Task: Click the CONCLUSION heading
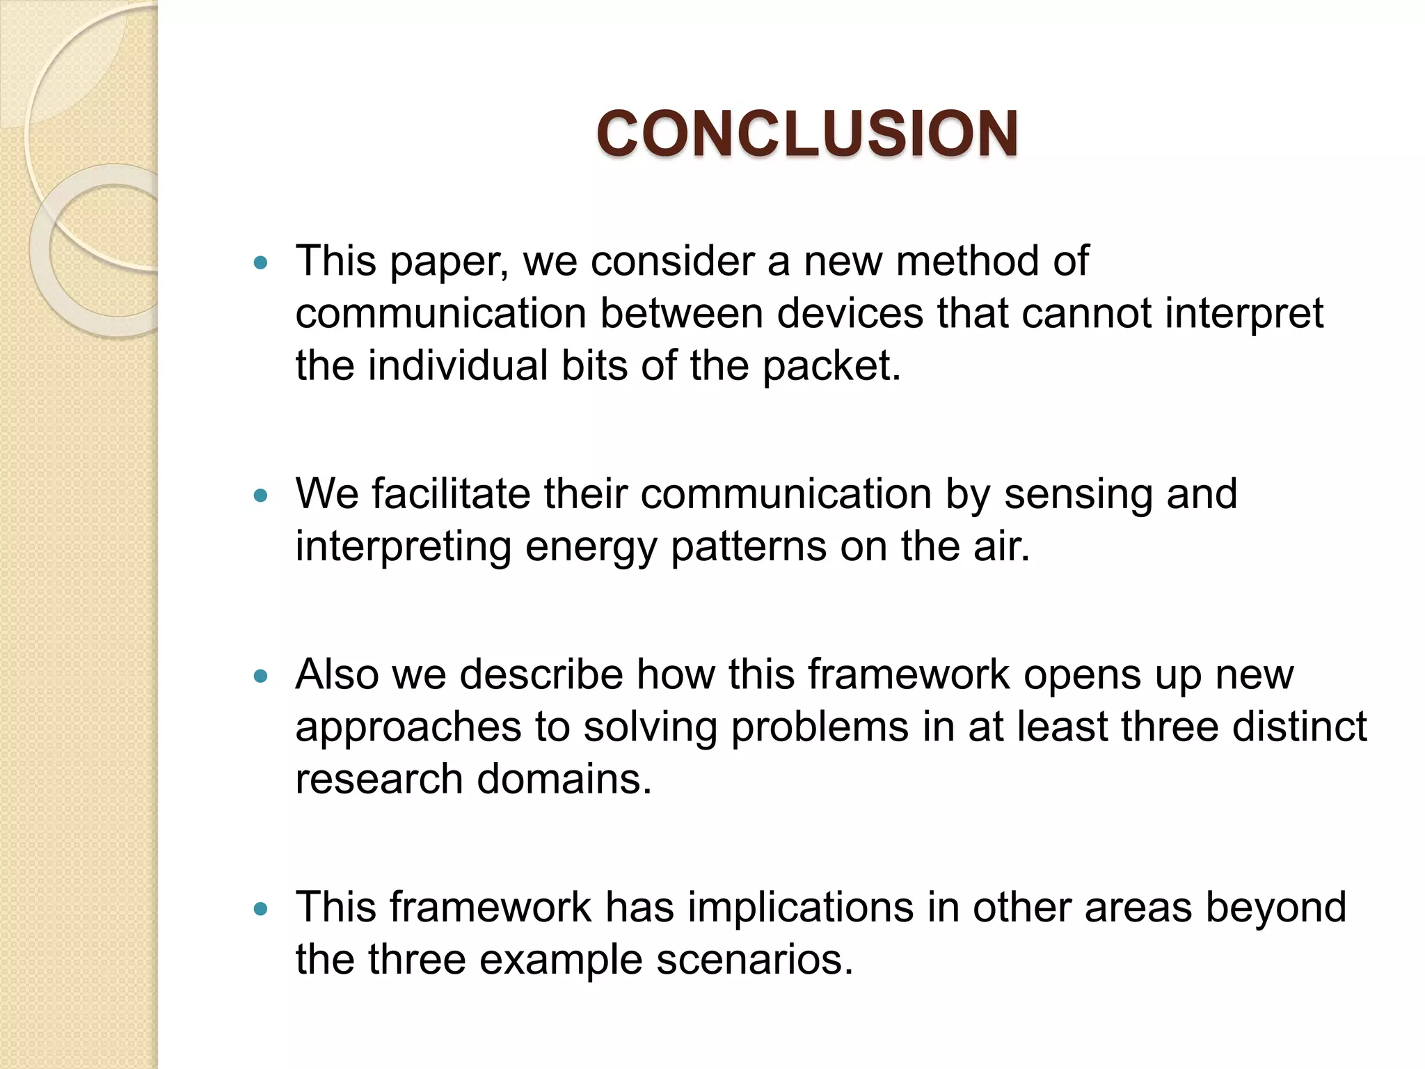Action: coord(807,134)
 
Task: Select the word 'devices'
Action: coord(850,313)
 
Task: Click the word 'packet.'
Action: coord(831,366)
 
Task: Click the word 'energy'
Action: coord(591,547)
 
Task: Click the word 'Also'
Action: coord(337,674)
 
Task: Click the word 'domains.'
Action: coord(564,779)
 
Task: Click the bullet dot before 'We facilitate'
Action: coord(261,496)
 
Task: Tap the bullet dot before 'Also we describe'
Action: coord(261,676)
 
